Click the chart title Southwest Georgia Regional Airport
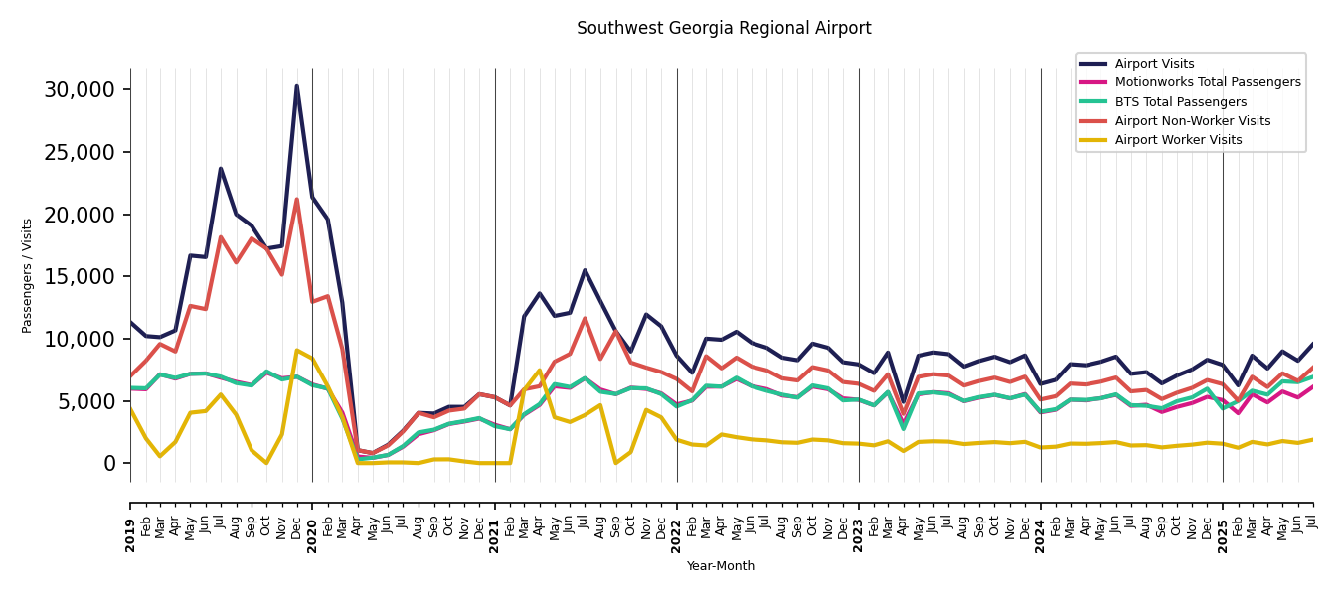coord(724,29)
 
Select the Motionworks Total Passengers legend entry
coord(1207,82)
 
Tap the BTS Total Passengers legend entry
coord(1180,102)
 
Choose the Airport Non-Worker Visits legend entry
coord(1192,121)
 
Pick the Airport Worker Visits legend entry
coord(1178,140)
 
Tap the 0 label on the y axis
coord(109,464)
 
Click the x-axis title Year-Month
coord(721,566)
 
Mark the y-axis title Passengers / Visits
coord(28,275)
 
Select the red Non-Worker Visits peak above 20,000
coord(296,200)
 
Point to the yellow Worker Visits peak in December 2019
coord(296,350)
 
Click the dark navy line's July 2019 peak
coord(221,169)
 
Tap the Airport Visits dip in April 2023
coord(904,402)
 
